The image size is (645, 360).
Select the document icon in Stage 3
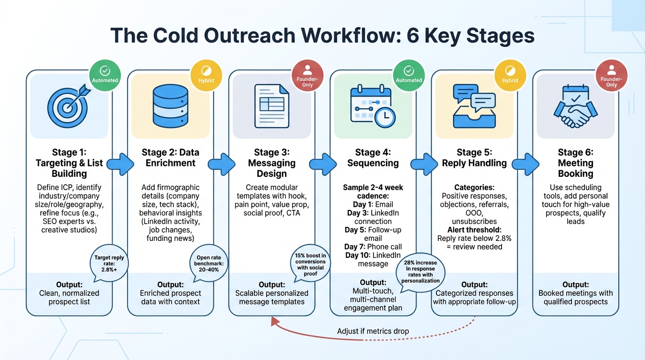[271, 105]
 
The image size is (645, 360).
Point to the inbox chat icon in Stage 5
[474, 106]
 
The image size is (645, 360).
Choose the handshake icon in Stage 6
[575, 109]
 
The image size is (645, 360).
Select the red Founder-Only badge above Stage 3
[307, 75]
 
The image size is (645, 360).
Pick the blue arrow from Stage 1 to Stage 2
[120, 164]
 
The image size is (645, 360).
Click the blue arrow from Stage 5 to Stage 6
[525, 164]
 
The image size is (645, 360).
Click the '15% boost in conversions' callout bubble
[310, 264]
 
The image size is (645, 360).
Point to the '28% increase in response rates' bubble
[420, 272]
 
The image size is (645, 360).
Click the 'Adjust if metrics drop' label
[373, 331]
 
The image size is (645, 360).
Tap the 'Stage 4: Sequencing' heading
[373, 157]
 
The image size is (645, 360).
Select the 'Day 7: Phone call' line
[373, 247]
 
